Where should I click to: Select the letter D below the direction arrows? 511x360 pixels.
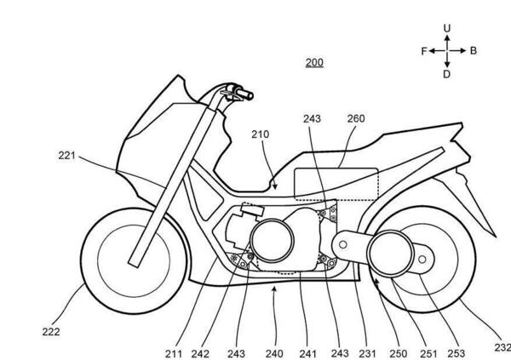446,74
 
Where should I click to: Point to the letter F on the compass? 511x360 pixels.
422,51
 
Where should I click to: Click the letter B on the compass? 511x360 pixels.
473,51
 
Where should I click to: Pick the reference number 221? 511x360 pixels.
68,156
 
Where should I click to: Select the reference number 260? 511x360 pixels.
355,118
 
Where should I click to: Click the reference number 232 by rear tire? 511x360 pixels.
501,346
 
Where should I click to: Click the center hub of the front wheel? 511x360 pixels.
129,254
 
